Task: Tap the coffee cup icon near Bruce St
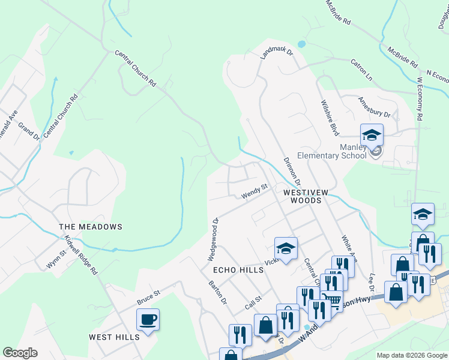tap(148, 319)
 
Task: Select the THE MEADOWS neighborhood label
tap(91, 227)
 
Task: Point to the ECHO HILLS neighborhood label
tap(238, 270)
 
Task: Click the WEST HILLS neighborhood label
tap(114, 337)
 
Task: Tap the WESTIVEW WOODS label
tap(306, 196)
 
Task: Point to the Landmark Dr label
tap(276, 53)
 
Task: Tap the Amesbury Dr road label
tap(374, 107)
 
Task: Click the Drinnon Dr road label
tap(292, 171)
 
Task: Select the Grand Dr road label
tap(29, 131)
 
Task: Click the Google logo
tap(20, 353)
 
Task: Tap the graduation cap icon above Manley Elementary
tap(372, 135)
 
